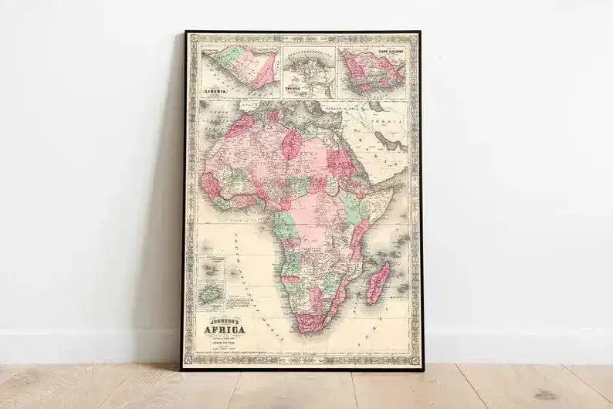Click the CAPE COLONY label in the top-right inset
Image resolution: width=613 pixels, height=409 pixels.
point(391,52)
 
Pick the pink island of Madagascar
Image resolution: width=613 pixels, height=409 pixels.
point(378,282)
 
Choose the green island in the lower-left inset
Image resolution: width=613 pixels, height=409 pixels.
point(208,294)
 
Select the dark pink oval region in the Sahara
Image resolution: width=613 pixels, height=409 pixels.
point(291,144)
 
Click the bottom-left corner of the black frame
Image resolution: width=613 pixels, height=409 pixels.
point(184,368)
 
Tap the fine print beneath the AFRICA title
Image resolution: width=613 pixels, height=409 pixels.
point(224,341)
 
